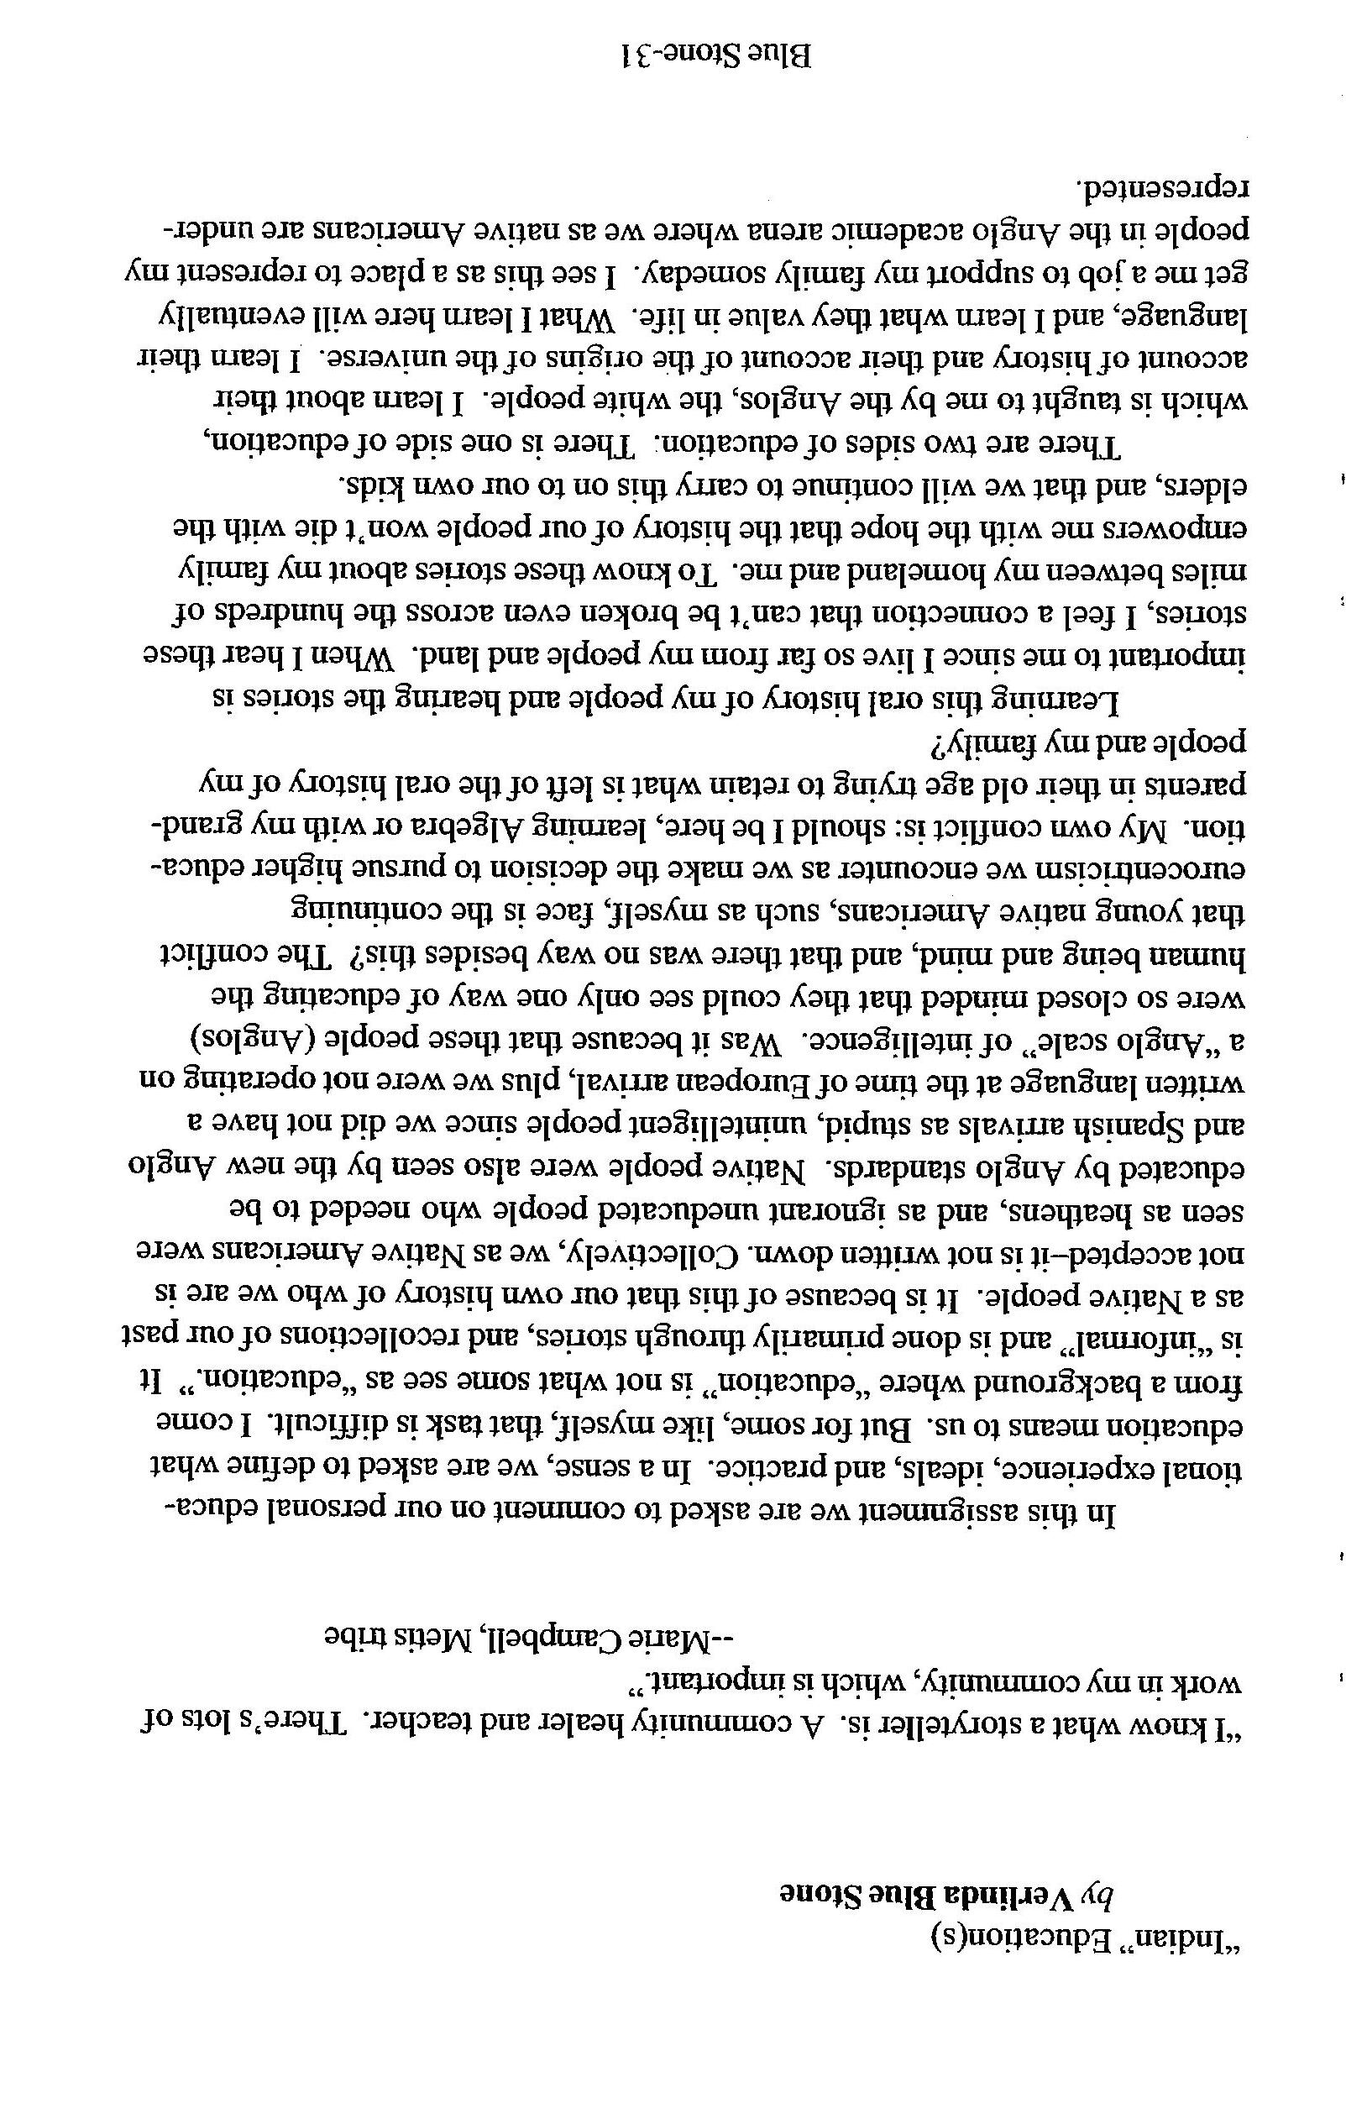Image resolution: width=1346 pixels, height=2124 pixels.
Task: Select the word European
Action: [652, 1084]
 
